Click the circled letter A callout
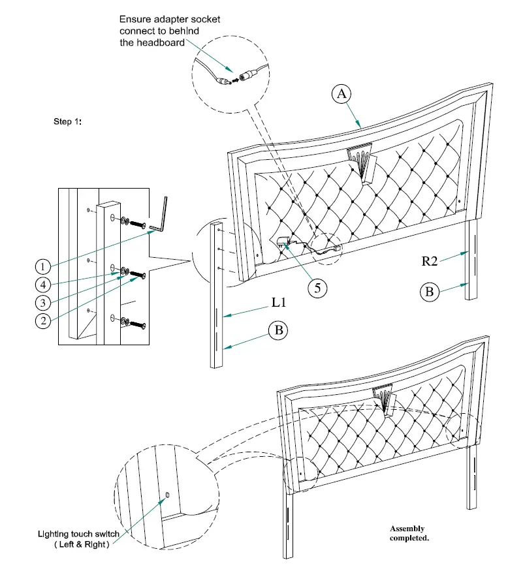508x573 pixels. coord(340,94)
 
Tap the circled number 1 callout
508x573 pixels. coord(43,266)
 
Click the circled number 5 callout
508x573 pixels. coord(317,288)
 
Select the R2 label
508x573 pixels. coord(429,261)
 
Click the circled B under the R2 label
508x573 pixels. coord(429,291)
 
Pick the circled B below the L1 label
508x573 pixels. coord(278,331)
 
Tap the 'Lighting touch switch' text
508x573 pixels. coord(78,534)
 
